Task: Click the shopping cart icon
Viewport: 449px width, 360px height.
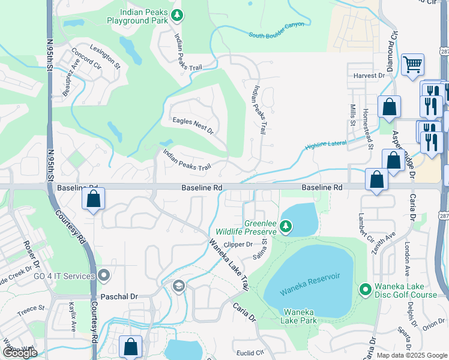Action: [412, 64]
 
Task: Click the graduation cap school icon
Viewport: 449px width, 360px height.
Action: [178, 287]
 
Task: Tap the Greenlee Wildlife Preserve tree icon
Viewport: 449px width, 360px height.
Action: [286, 226]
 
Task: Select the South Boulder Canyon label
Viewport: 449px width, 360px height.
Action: [276, 29]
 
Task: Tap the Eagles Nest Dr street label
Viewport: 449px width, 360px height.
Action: [193, 125]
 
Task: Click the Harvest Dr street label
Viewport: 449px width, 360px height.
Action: [369, 76]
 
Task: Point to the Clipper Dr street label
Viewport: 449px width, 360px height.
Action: [238, 244]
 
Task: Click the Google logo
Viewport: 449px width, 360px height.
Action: [20, 353]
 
